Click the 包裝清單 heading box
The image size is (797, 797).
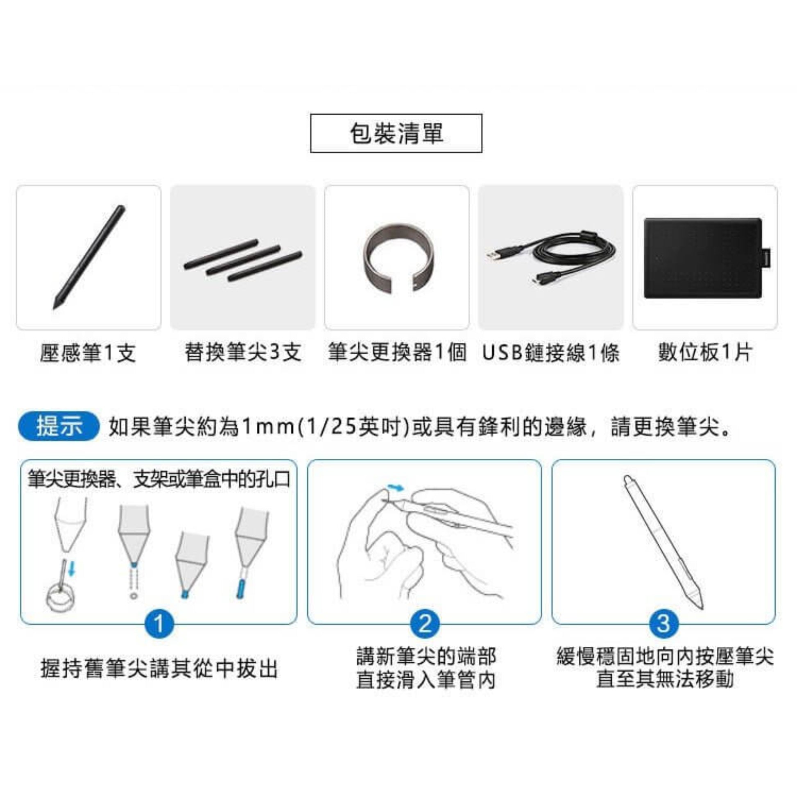click(x=396, y=133)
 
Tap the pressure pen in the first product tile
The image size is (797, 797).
click(x=89, y=257)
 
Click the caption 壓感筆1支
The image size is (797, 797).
click(x=88, y=353)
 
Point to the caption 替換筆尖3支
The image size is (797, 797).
click(x=242, y=353)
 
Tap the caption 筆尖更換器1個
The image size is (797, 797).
click(x=397, y=353)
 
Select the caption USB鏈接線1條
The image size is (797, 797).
click(x=551, y=353)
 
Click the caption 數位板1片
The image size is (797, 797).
click(x=705, y=353)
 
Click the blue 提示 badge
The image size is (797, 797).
click(x=59, y=426)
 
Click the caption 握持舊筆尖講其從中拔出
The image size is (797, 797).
click(x=159, y=668)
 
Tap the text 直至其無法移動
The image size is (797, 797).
click(x=665, y=679)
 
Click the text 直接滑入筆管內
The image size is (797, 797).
click(x=426, y=680)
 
